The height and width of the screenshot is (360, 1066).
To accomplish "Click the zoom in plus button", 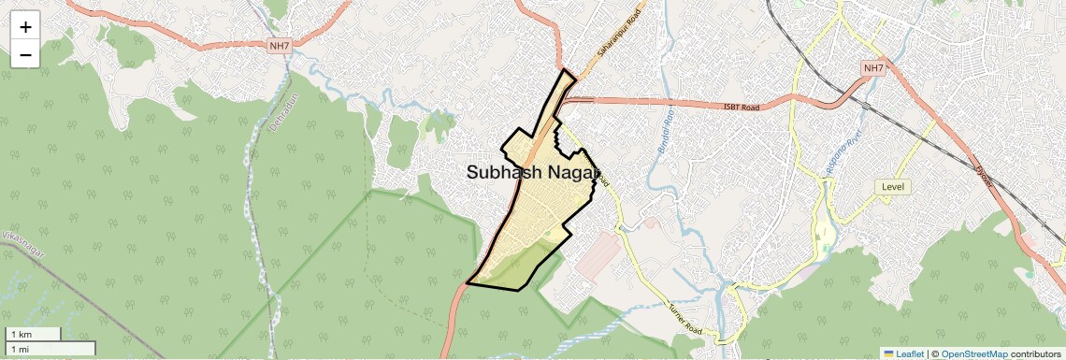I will point(25,27).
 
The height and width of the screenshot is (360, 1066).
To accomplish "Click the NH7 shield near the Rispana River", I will point(873,68).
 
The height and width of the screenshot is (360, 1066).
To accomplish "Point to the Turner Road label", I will point(684,319).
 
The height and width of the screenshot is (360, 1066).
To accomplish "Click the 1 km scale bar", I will point(33,334).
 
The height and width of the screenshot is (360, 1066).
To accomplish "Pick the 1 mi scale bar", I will point(49,349).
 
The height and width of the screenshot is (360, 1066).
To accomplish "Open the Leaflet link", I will point(909,353).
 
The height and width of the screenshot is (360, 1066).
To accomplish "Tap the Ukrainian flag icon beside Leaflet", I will point(888,353).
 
